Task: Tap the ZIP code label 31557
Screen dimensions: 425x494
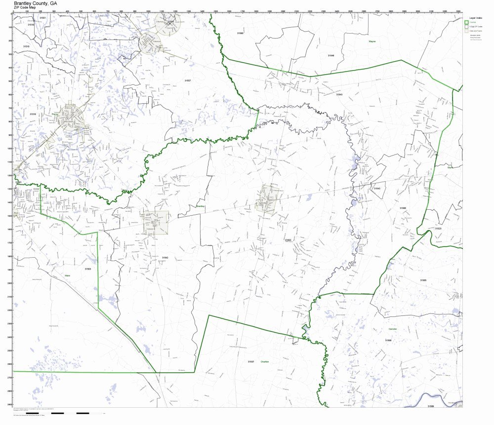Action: [187, 80]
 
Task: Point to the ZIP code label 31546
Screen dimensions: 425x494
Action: [330, 55]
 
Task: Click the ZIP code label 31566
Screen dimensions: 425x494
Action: [403, 208]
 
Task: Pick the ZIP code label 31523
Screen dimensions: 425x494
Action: [438, 229]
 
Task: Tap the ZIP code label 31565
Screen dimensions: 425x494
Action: [423, 280]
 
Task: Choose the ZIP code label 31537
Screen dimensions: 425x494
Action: [251, 362]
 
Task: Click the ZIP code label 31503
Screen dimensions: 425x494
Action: [87, 269]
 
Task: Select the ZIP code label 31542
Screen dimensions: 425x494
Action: [165, 257]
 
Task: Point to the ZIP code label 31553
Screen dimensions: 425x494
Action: [288, 240]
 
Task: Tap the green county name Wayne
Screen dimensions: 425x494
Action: [372, 42]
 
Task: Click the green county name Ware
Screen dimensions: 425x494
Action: [68, 275]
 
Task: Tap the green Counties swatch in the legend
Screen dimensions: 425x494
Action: [467, 22]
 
